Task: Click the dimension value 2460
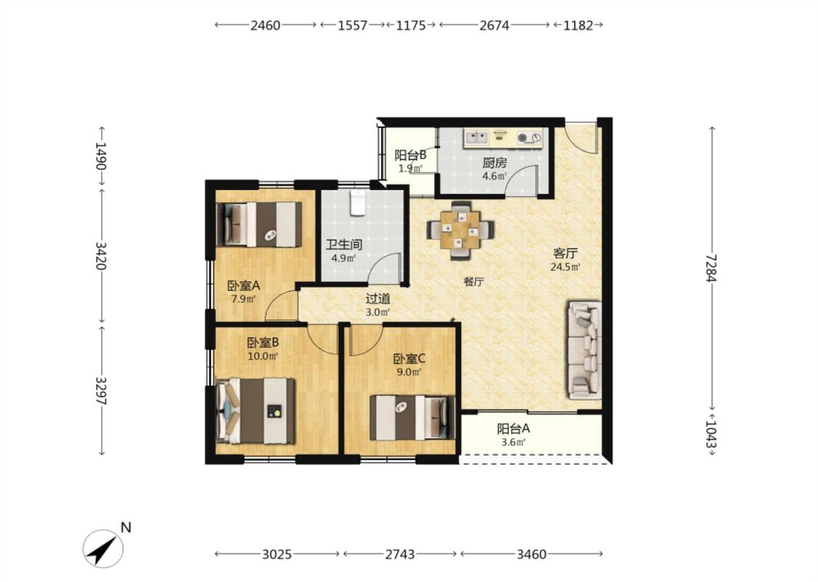[x=265, y=25]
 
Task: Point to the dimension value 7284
[x=711, y=268]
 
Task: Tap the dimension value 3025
[x=276, y=554]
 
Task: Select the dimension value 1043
[x=711, y=434]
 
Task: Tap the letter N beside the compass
[x=126, y=527]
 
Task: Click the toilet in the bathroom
[x=358, y=203]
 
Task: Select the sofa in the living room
[x=585, y=350]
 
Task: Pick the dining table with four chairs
[x=460, y=230]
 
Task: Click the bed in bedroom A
[x=260, y=225]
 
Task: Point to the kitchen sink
[x=476, y=137]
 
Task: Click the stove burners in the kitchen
[x=529, y=138]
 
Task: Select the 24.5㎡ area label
[x=566, y=267]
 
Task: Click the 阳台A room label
[x=513, y=429]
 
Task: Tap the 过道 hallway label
[x=377, y=299]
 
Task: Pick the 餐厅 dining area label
[x=473, y=282]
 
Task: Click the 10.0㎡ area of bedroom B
[x=262, y=356]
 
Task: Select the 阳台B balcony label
[x=411, y=155]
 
